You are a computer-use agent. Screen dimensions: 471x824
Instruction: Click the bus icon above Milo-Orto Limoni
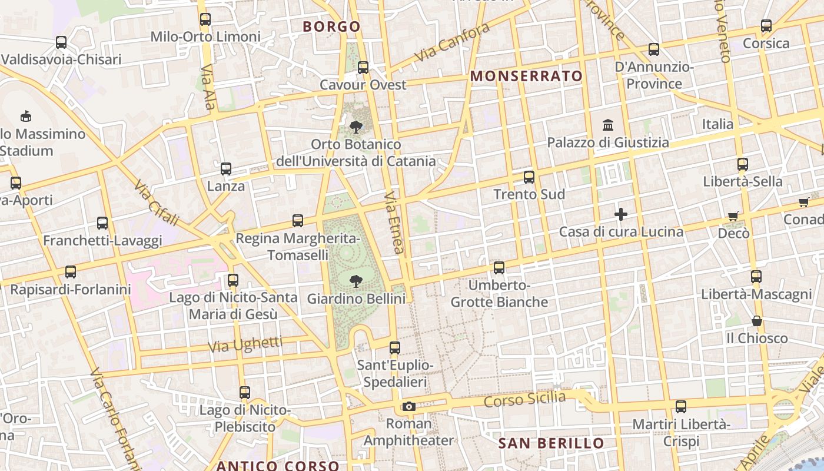pyautogui.click(x=205, y=19)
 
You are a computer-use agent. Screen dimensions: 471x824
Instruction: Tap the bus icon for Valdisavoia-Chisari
pyautogui.click(x=61, y=42)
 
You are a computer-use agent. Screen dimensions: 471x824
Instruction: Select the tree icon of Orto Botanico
pyautogui.click(x=355, y=127)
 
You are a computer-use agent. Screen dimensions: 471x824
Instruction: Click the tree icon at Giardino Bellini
pyautogui.click(x=355, y=281)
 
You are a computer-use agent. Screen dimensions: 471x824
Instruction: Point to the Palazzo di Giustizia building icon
pyautogui.click(x=608, y=125)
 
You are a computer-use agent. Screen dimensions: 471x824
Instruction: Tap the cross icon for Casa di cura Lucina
pyautogui.click(x=621, y=214)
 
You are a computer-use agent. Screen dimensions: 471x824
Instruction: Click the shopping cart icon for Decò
pyautogui.click(x=733, y=216)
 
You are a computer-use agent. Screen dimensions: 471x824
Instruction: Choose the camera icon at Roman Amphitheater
pyautogui.click(x=408, y=406)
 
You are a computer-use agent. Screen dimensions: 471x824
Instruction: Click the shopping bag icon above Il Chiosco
pyautogui.click(x=757, y=321)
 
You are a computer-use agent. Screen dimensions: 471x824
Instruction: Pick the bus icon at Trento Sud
pyautogui.click(x=529, y=177)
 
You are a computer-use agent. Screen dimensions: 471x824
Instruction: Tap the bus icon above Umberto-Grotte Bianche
pyautogui.click(x=499, y=268)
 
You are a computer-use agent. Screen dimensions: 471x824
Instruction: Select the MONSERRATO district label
pyautogui.click(x=527, y=76)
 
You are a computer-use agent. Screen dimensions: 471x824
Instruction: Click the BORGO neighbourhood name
pyautogui.click(x=331, y=26)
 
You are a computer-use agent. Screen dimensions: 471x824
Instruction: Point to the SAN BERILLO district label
pyautogui.click(x=551, y=443)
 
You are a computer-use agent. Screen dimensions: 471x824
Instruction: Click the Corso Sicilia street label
pyautogui.click(x=524, y=399)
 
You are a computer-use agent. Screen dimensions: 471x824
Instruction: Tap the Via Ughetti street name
pyautogui.click(x=245, y=344)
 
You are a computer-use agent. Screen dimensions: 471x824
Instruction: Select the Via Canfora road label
pyautogui.click(x=453, y=42)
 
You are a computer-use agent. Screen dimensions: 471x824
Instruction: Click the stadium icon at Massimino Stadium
pyautogui.click(x=26, y=115)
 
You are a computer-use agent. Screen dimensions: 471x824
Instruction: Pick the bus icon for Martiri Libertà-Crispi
pyautogui.click(x=681, y=406)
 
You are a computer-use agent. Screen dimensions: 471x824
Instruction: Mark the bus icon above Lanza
pyautogui.click(x=226, y=169)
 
